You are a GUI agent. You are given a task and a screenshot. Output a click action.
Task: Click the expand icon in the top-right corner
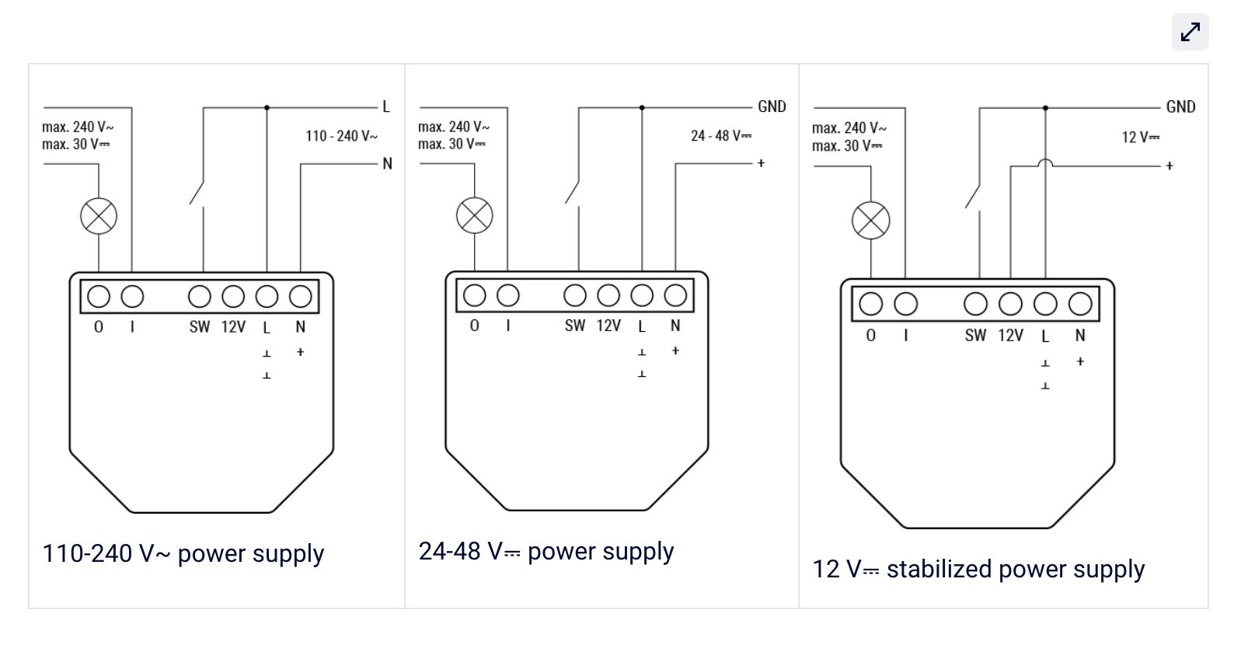[1190, 32]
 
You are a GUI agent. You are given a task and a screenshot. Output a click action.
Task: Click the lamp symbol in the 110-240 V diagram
[99, 216]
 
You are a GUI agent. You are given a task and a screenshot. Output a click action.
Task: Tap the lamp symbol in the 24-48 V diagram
[474, 215]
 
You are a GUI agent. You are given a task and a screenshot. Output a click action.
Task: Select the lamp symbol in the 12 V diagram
[870, 220]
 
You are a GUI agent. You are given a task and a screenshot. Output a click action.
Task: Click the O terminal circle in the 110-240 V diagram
[99, 296]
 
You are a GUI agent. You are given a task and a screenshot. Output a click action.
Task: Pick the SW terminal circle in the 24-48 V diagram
[575, 295]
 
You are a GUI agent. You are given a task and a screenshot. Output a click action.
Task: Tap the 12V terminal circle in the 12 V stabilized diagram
[1010, 304]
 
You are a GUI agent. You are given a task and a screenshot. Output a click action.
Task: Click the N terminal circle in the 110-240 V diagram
[301, 296]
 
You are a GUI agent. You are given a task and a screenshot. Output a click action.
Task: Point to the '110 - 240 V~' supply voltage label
[341, 137]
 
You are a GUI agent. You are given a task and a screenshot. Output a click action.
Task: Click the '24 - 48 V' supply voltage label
[720, 136]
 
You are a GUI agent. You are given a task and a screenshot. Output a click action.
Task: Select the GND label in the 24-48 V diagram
[772, 106]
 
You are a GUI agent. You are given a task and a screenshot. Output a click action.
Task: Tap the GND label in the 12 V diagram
[1180, 107]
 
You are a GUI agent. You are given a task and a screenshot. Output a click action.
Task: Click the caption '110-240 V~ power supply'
[183, 554]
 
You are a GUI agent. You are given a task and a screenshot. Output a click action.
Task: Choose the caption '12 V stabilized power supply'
[978, 570]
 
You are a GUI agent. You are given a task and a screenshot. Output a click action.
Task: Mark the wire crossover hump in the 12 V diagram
[1045, 162]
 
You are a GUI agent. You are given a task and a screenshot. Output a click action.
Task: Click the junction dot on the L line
[267, 108]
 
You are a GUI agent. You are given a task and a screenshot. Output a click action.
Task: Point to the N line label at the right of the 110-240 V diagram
[387, 164]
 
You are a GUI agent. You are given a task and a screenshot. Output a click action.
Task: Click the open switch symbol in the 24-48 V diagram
[573, 191]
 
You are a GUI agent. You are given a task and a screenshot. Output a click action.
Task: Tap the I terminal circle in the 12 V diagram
[905, 304]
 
